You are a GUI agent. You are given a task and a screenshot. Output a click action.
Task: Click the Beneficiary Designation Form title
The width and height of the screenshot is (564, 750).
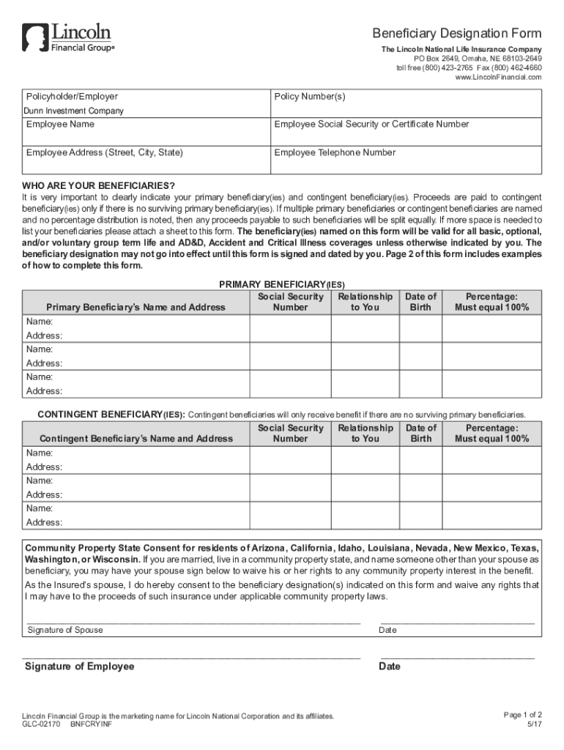(456, 34)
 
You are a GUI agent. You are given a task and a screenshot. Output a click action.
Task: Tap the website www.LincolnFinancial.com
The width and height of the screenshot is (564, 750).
(498, 77)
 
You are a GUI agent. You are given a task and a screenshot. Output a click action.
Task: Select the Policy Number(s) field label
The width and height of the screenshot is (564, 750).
(310, 97)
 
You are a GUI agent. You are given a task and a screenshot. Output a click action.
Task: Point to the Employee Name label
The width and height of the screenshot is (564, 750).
(60, 125)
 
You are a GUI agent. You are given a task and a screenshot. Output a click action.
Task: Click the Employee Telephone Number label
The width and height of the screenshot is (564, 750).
(335, 152)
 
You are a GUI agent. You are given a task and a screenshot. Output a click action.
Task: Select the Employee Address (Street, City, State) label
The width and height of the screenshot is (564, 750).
(105, 152)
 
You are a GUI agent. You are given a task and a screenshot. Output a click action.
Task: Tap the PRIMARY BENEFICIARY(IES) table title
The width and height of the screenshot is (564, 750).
(282, 284)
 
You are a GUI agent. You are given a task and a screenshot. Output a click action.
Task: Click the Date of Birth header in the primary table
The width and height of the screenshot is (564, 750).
(421, 302)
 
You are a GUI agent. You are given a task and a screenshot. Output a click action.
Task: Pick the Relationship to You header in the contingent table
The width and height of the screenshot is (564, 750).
(366, 433)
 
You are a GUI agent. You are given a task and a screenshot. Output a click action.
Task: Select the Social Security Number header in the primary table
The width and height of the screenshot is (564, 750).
(290, 302)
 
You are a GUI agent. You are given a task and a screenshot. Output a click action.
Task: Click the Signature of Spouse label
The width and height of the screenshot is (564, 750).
(65, 630)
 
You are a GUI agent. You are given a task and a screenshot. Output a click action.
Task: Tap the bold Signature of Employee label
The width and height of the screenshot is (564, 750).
(80, 667)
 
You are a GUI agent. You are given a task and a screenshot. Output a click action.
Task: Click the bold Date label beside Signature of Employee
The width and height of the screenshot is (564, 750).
(390, 667)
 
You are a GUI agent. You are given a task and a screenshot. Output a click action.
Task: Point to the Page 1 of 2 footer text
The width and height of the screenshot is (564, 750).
(523, 714)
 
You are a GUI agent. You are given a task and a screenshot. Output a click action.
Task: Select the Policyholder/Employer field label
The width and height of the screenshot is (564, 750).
(72, 97)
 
